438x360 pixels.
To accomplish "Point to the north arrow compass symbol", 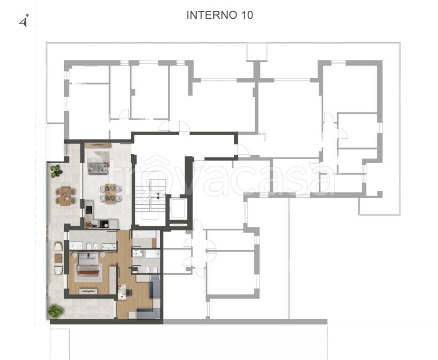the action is point(24,21).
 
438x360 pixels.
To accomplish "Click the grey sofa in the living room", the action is point(98,168).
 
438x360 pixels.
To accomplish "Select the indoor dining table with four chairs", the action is point(111,194).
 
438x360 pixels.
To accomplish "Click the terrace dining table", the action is point(66,196).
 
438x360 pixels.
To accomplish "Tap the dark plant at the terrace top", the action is point(56,171).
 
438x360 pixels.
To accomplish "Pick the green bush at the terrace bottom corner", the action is point(55,311).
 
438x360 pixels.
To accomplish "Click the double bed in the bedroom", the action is point(88,264).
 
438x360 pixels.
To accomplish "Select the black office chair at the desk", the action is point(128,292).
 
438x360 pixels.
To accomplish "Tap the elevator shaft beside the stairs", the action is point(178,208).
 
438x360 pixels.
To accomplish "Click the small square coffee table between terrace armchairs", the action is point(58,258).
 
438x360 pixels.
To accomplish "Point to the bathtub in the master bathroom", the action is point(109,247).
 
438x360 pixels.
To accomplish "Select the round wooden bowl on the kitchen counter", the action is point(89,224).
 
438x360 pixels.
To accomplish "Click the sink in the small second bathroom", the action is point(138,254).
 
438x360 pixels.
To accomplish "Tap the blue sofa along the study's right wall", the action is point(155,286).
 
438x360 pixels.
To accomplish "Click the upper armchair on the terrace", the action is point(58,247).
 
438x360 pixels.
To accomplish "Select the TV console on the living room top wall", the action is point(98,145).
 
